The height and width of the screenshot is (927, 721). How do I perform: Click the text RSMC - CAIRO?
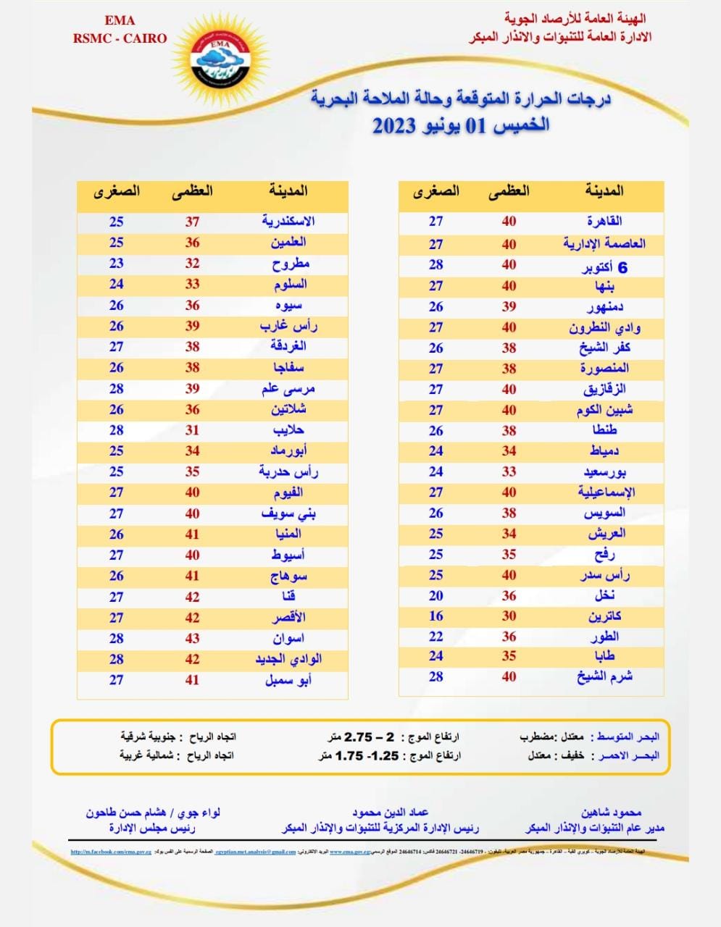coord(120,38)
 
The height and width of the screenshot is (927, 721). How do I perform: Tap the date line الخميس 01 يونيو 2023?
coord(461,125)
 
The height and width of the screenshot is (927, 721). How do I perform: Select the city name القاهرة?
coord(604,222)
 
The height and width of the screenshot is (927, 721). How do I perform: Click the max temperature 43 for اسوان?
coord(192,639)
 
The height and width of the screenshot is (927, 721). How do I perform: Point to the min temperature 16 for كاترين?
coord(435,616)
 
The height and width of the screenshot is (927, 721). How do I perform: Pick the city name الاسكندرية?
coord(288,222)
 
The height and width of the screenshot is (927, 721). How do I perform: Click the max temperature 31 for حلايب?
coord(192,430)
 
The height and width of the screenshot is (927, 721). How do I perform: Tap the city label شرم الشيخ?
coord(605,676)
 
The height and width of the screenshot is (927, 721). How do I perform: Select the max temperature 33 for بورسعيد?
coord(509,472)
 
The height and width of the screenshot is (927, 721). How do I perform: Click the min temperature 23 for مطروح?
coord(117,264)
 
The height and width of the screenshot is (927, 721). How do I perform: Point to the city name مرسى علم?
coord(288,389)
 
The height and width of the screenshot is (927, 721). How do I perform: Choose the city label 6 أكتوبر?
coord(605,267)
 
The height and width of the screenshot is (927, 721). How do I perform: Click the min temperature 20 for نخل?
coord(435,596)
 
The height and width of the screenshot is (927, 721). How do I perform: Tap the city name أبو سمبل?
coord(288,681)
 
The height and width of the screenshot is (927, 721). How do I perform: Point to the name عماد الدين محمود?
coord(391,813)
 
